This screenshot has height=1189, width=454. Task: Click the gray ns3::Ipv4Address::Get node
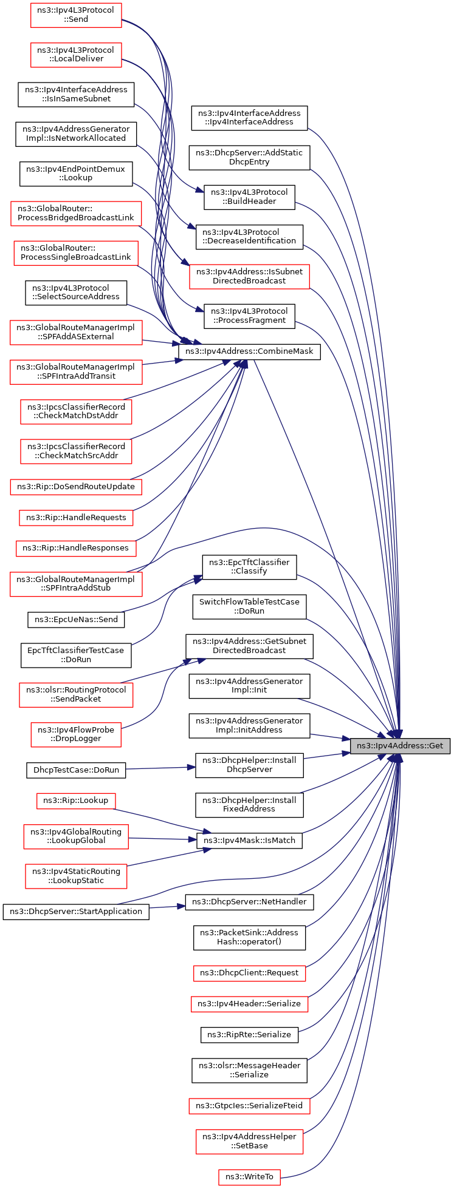[x=400, y=745]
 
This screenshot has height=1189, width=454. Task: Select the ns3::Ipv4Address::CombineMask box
[x=249, y=351]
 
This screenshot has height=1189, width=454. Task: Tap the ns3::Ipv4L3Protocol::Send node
[x=76, y=15]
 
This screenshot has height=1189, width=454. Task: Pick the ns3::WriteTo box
[x=249, y=1177]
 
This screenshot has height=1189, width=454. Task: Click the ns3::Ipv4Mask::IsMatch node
[x=249, y=841]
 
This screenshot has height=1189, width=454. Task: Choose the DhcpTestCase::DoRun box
[x=76, y=770]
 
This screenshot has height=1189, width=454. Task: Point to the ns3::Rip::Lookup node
[x=76, y=801]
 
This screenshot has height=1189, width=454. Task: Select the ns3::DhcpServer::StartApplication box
[x=76, y=911]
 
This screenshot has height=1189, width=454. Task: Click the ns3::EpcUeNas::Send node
[x=76, y=620]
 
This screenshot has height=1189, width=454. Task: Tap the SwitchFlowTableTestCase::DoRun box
[x=249, y=606]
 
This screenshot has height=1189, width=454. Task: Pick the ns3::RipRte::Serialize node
[x=249, y=1034]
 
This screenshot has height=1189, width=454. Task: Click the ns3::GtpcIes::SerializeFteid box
[x=249, y=1106]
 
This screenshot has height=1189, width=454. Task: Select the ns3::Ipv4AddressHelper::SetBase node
[x=249, y=1141]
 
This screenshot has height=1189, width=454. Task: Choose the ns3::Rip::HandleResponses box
[x=76, y=547]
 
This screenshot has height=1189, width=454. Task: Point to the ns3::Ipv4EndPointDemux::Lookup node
[x=76, y=174]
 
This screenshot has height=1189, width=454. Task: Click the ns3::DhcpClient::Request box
[x=249, y=972]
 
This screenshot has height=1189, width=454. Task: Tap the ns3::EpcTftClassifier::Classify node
[x=249, y=566]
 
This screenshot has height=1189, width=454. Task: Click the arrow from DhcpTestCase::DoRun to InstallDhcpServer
[x=160, y=768]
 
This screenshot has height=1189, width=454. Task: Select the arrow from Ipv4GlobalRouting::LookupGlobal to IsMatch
[x=162, y=839]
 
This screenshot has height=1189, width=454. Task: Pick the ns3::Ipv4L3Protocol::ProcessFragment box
[x=249, y=316]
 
